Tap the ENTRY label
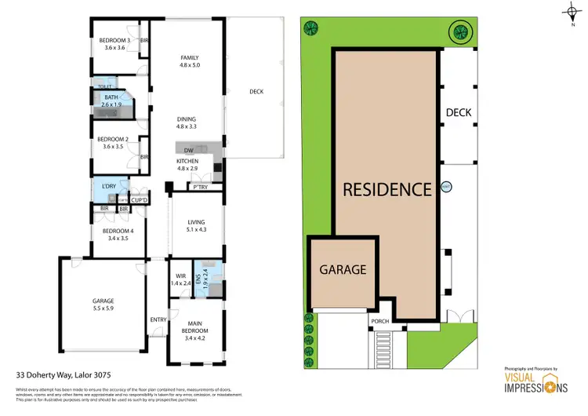point(158,319)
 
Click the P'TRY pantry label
point(201,187)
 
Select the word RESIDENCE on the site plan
point(387,189)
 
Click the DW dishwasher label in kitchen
point(188,151)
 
